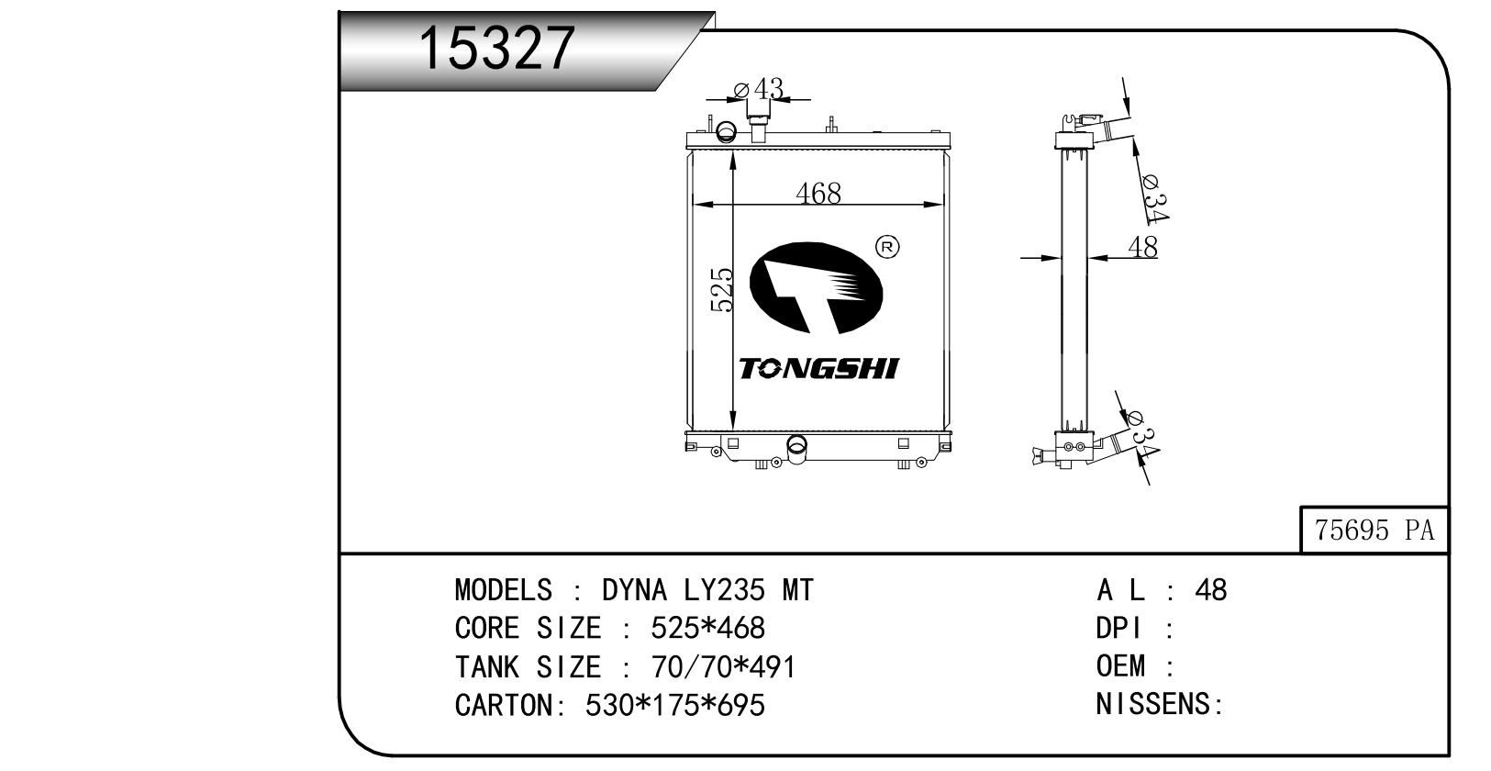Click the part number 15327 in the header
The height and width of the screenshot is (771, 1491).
click(495, 48)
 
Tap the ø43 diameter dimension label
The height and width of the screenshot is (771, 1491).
click(759, 88)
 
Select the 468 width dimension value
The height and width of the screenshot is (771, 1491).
click(818, 193)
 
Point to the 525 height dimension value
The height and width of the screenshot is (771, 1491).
click(722, 290)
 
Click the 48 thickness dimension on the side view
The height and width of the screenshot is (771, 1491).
click(1143, 247)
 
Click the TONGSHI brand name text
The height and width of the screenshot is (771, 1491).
click(819, 368)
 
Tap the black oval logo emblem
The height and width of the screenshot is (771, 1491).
click(817, 287)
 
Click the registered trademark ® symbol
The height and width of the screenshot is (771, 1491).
click(886, 247)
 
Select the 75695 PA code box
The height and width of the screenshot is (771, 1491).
click(1374, 530)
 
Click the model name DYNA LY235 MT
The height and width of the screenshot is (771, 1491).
click(707, 590)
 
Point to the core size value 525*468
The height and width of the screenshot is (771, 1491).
click(708, 628)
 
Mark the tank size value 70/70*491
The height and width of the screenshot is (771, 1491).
click(724, 666)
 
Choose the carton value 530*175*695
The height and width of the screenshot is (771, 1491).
click(675, 705)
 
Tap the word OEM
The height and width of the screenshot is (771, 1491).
click(1121, 665)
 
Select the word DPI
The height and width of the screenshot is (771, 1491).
click(1119, 628)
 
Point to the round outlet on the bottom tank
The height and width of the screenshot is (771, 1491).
click(796, 445)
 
